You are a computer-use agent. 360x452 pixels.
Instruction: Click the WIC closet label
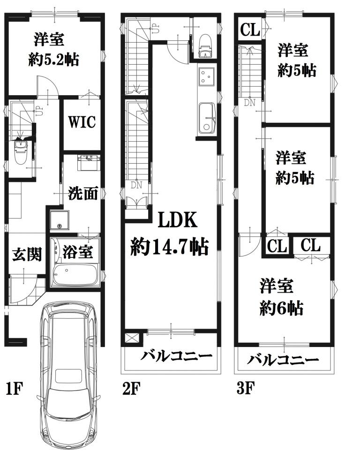click(x=82, y=122)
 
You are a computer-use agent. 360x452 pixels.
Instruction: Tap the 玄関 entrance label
click(x=27, y=254)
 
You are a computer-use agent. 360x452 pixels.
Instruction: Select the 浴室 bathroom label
click(x=77, y=251)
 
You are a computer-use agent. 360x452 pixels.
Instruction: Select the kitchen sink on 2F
click(x=207, y=118)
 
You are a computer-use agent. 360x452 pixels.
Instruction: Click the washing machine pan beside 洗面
click(x=60, y=220)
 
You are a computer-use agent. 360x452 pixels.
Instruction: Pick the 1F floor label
click(x=14, y=388)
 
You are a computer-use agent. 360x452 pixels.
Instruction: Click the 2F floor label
click(x=131, y=388)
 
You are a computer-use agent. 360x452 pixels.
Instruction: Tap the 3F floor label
click(x=245, y=388)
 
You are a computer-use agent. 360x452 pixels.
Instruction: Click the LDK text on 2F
click(x=178, y=219)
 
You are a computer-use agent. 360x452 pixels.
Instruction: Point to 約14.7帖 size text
click(x=170, y=247)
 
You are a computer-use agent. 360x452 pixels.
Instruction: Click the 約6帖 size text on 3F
click(x=281, y=308)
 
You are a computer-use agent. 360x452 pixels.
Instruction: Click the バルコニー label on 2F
click(x=176, y=356)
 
